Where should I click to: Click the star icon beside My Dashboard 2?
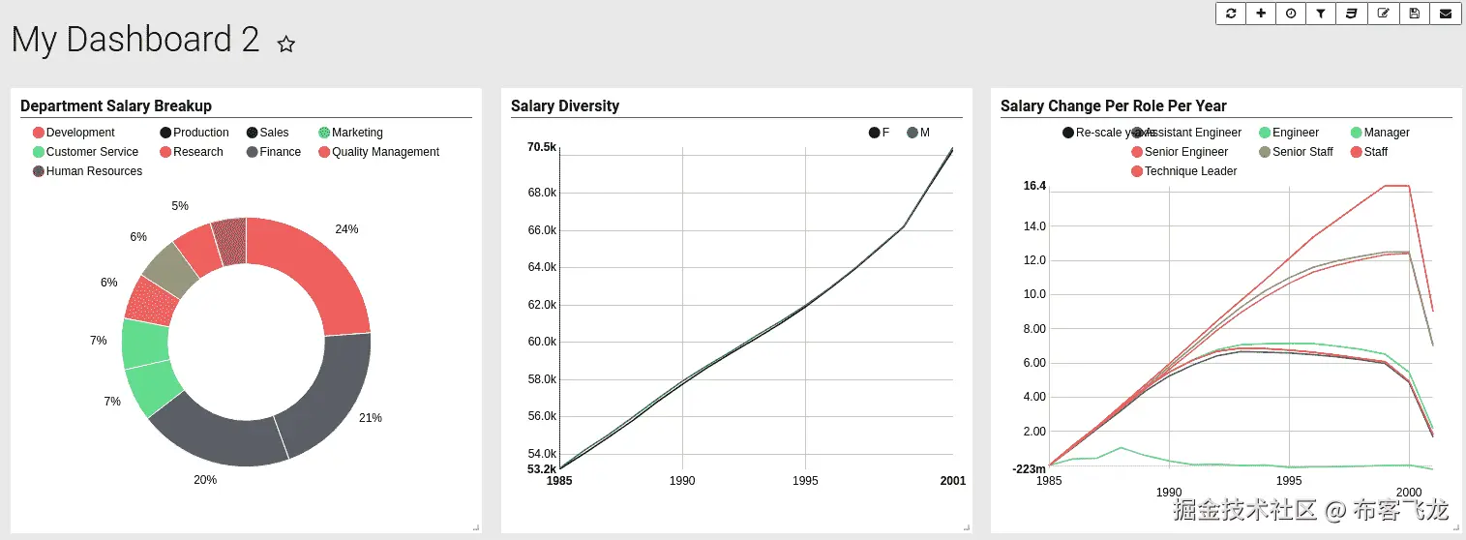[286, 44]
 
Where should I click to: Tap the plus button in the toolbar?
[1260, 14]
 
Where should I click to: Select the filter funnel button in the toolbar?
[1321, 14]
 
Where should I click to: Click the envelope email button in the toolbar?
[1446, 14]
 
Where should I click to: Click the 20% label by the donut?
[205, 480]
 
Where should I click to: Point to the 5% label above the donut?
[180, 206]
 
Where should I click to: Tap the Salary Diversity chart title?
[565, 106]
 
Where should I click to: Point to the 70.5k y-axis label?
[542, 147]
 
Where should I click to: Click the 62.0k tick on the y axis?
[542, 305]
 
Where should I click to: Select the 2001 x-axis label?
[952, 481]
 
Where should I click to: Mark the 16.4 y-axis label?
[1034, 186]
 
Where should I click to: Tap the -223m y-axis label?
[1030, 469]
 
